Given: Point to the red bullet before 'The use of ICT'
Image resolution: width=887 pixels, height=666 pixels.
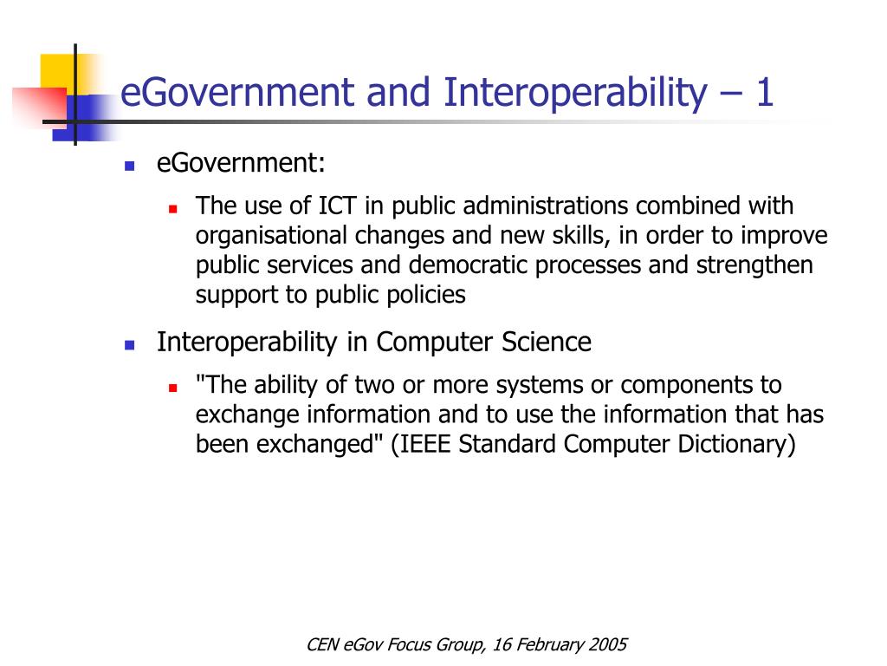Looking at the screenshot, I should (x=172, y=209).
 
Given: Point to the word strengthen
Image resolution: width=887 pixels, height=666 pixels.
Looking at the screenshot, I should (x=754, y=265).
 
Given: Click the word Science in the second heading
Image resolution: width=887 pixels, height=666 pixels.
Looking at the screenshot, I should (x=546, y=343).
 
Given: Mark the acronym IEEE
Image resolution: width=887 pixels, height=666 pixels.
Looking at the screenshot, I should (x=424, y=444).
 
